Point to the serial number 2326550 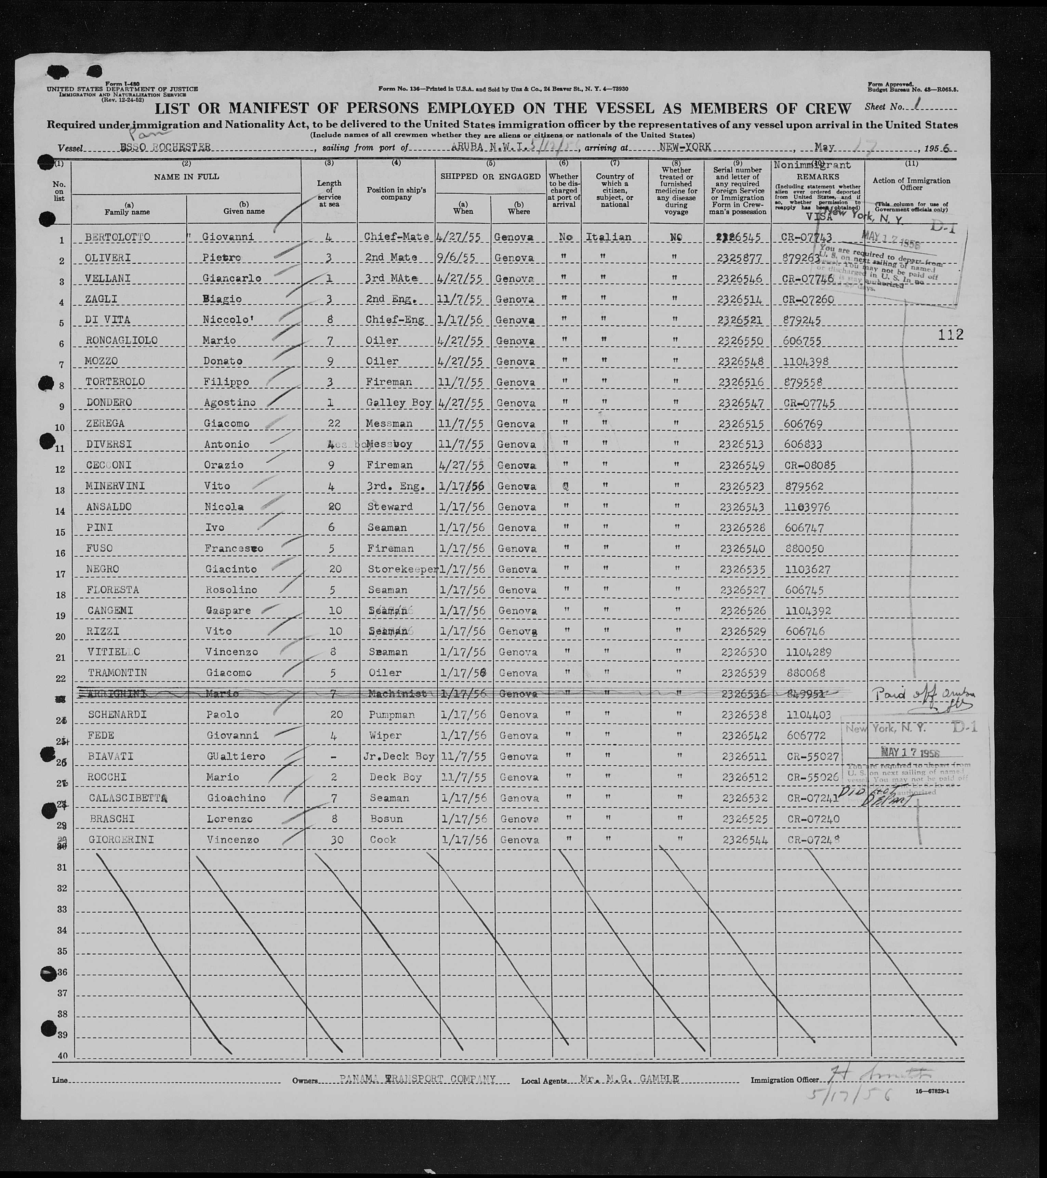(x=740, y=341)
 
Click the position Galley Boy (x=398, y=403)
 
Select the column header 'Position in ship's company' (x=396, y=194)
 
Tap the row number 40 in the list (x=62, y=1056)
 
